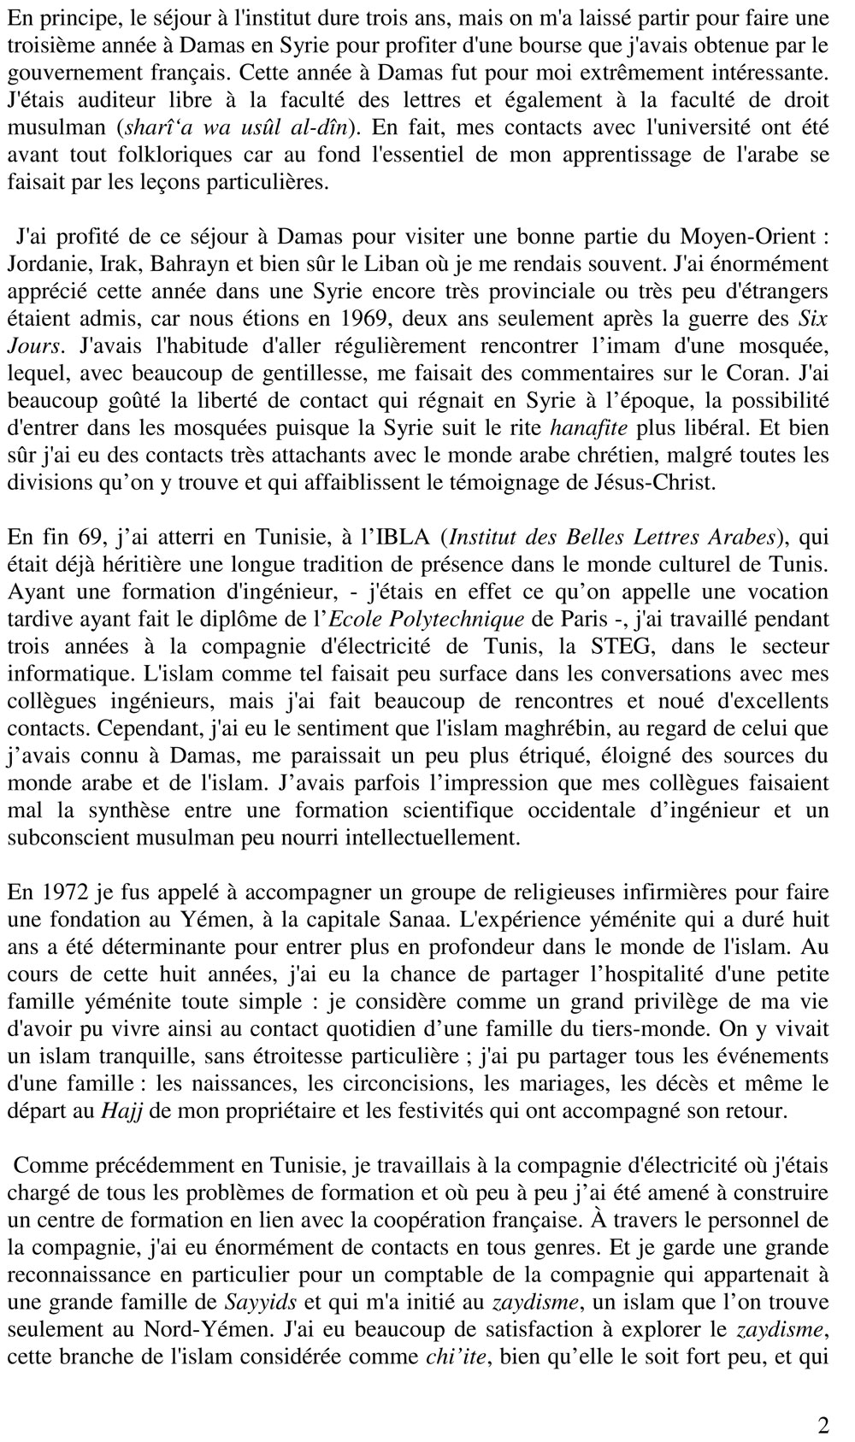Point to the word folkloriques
click(156, 156)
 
